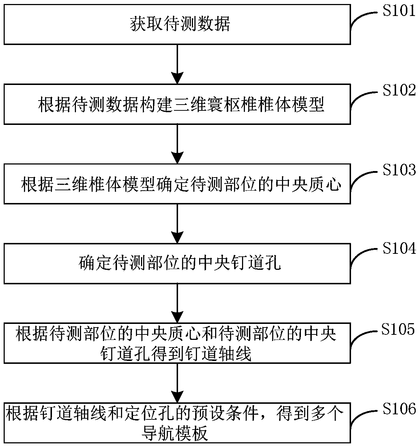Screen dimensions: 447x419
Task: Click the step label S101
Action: pos(398,11)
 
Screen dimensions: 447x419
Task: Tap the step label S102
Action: pos(398,90)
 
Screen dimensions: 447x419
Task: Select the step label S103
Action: pos(398,170)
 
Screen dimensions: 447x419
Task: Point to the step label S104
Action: pos(398,249)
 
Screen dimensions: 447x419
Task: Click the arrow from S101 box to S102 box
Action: pos(177,64)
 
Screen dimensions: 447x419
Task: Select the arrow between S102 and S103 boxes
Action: pos(177,144)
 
